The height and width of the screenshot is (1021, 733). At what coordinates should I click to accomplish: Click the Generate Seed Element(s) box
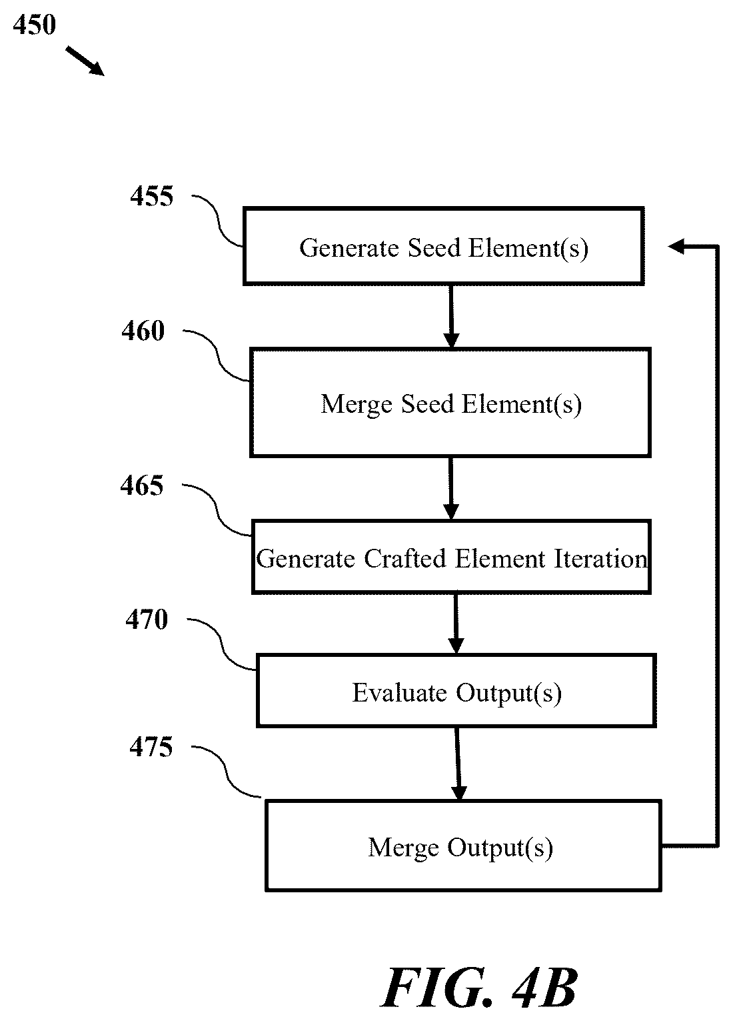tap(443, 246)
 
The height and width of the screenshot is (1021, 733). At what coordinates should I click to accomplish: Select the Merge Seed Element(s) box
tap(450, 403)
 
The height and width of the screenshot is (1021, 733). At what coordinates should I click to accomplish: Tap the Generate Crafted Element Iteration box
tap(451, 557)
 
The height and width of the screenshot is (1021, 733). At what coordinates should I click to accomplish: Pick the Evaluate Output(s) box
tap(456, 690)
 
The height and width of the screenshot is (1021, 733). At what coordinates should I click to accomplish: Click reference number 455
tap(152, 197)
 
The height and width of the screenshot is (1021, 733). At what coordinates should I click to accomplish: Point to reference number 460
tap(143, 331)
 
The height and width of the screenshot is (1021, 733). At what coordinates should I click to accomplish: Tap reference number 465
tap(142, 485)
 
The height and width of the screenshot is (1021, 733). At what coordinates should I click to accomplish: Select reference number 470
tap(147, 619)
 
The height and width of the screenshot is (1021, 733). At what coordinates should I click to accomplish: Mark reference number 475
tap(151, 747)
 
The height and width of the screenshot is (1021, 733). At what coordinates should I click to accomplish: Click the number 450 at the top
tap(35, 25)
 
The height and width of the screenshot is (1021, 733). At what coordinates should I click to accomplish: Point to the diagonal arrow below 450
tap(85, 61)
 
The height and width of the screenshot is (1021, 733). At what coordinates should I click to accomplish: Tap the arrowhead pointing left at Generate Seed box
tap(676, 247)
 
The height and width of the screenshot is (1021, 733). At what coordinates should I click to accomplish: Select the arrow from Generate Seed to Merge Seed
tap(451, 317)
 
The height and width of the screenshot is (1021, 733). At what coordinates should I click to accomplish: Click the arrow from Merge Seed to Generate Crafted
tap(451, 488)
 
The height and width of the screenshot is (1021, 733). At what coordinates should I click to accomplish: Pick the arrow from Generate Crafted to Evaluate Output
tap(456, 624)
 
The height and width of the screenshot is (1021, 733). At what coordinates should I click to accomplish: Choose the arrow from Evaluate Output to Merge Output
tap(458, 764)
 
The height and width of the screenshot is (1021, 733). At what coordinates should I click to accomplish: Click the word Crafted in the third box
tap(404, 559)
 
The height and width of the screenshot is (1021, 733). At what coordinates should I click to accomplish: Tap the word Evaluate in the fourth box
tap(399, 693)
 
